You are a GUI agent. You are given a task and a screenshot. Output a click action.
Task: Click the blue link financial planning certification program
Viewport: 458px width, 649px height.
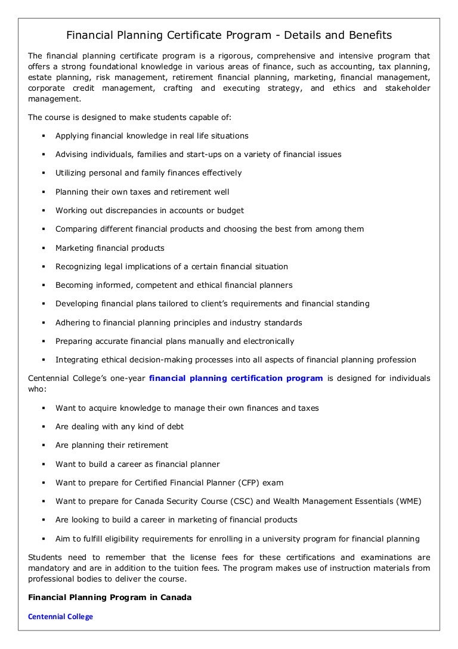(236, 378)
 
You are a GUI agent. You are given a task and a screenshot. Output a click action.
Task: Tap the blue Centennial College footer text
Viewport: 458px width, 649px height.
(61, 616)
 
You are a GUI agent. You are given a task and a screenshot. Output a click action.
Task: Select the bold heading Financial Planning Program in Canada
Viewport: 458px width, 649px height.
(110, 597)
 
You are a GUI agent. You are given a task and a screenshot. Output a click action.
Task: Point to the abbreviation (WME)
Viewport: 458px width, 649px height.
(407, 501)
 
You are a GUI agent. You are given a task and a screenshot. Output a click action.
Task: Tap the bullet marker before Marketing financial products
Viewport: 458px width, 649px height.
(44, 248)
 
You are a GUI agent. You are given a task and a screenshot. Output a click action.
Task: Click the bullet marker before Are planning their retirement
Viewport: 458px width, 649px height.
(44, 445)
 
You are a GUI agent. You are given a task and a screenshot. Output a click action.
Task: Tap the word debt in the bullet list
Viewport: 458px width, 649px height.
(175, 426)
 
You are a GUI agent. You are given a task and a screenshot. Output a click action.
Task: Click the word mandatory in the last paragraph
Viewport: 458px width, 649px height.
(49, 568)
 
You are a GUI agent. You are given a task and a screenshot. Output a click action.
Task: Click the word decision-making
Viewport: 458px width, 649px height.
(151, 360)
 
